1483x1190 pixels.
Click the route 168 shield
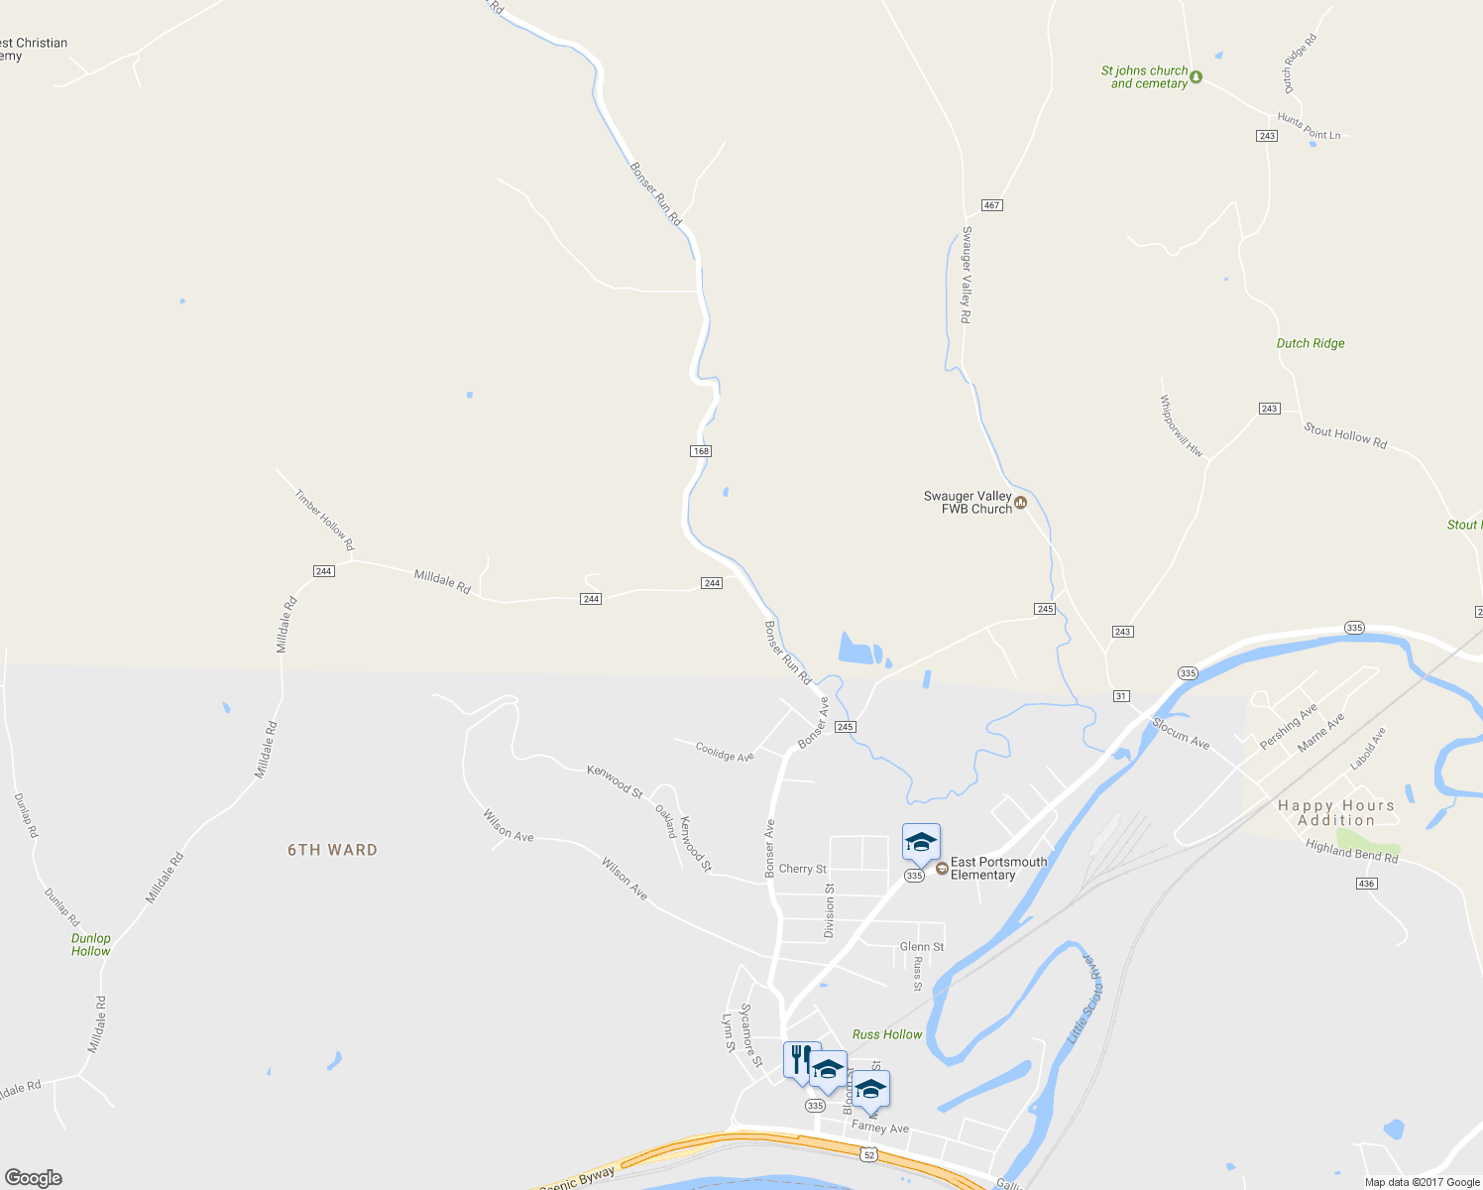click(x=701, y=451)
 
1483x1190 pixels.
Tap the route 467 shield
click(x=991, y=205)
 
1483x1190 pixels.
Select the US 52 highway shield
click(x=869, y=1154)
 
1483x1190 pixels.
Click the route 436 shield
click(x=1367, y=884)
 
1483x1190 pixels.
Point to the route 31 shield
click(x=1121, y=696)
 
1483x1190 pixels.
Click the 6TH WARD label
click(x=332, y=850)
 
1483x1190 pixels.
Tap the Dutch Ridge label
click(x=1311, y=343)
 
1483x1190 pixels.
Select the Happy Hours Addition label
click(x=1336, y=813)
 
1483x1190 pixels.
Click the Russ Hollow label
click(x=887, y=1034)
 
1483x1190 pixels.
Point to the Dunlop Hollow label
click(x=91, y=944)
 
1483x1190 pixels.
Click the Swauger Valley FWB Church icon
click(x=1021, y=503)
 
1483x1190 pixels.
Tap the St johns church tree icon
click(x=1197, y=77)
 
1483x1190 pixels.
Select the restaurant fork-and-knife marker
click(x=801, y=1059)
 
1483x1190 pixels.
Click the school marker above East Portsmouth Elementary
click(x=921, y=843)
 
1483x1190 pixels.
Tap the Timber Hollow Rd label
click(x=324, y=521)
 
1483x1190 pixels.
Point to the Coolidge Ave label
click(x=725, y=753)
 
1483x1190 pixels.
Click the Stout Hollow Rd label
click(x=1345, y=435)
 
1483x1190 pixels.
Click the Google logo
click(x=34, y=1177)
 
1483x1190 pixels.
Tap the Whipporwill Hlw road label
click(x=1181, y=426)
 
